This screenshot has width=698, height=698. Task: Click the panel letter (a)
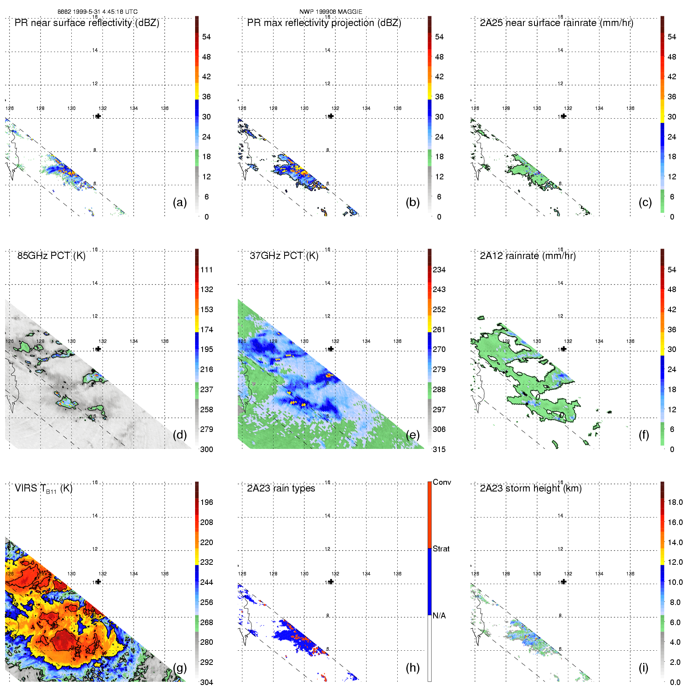pos(180,202)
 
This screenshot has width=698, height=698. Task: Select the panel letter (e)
pos(413,435)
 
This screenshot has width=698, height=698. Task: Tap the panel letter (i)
pos(643,668)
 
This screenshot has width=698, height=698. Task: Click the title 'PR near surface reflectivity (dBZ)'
pos(87,23)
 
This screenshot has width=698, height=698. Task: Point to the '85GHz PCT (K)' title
pos(51,256)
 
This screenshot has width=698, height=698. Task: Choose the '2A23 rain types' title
pos(281,488)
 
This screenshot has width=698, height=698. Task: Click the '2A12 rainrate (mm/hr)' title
pos(528,256)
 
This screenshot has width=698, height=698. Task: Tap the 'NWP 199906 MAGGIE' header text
pos(331,11)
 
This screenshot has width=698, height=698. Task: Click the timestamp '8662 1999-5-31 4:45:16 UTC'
pos(97,11)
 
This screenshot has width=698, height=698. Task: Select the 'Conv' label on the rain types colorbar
pos(442,482)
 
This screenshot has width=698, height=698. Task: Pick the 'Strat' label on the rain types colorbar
pos(441,549)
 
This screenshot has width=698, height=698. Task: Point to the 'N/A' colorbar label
pos(439,616)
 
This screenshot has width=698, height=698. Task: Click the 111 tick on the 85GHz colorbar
pos(207,270)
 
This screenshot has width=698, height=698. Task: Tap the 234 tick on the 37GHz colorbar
pos(439,270)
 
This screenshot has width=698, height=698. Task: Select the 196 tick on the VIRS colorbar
pos(207,502)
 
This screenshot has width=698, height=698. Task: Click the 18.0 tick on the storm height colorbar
pos(675,502)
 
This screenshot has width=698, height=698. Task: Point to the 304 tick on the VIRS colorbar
pos(207,682)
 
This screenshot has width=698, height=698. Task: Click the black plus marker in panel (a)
pos(99,116)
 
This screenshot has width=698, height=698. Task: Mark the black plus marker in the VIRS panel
pos(99,582)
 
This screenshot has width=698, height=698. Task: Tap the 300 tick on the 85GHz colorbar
pos(207,449)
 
